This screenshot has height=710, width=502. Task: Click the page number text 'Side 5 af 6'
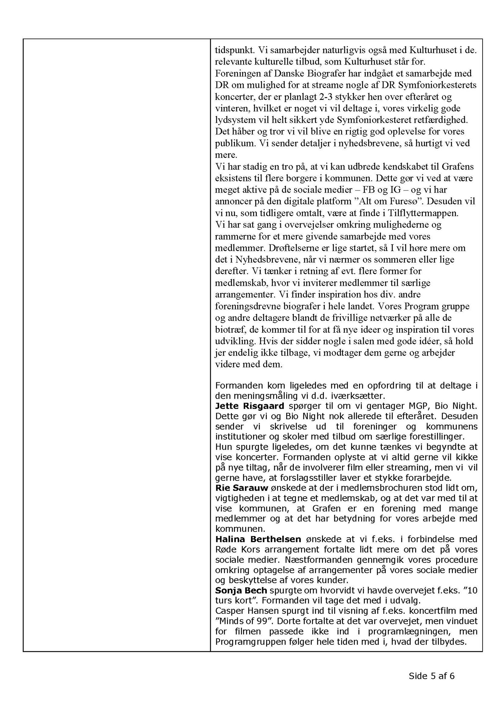point(431,676)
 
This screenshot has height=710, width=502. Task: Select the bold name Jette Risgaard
point(250,406)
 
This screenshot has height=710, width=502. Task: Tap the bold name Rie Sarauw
point(242,488)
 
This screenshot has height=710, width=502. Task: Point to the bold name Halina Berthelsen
point(258,539)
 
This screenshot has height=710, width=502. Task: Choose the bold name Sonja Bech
point(241,590)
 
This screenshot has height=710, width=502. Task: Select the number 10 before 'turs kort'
point(473,590)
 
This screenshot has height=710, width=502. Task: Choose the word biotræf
point(228,330)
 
